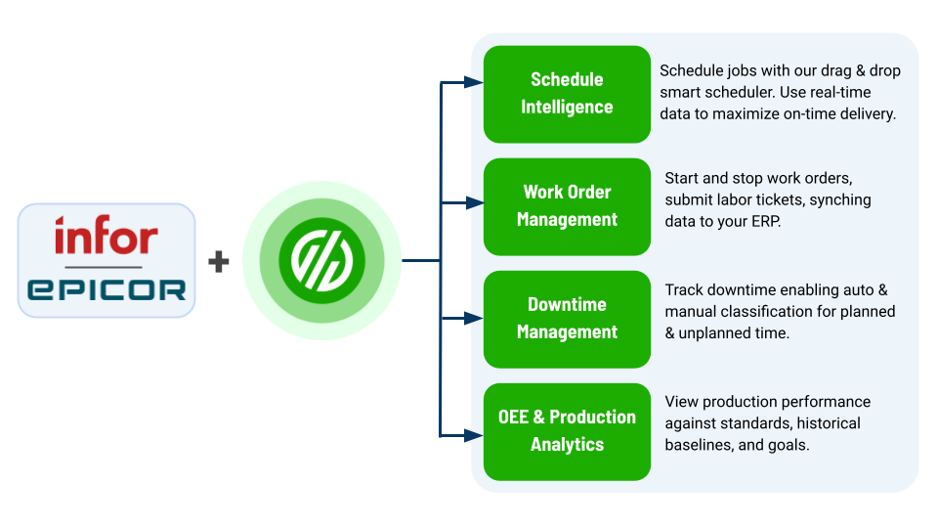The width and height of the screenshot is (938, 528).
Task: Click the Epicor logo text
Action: click(107, 288)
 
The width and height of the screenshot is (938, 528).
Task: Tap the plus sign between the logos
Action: click(219, 261)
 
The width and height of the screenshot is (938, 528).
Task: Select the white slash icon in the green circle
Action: click(321, 260)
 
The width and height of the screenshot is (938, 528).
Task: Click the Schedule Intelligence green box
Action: click(567, 94)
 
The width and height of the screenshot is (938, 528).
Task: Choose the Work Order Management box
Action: click(567, 206)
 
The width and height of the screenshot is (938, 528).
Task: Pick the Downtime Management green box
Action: click(567, 319)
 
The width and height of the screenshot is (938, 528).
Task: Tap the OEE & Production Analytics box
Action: click(567, 431)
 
